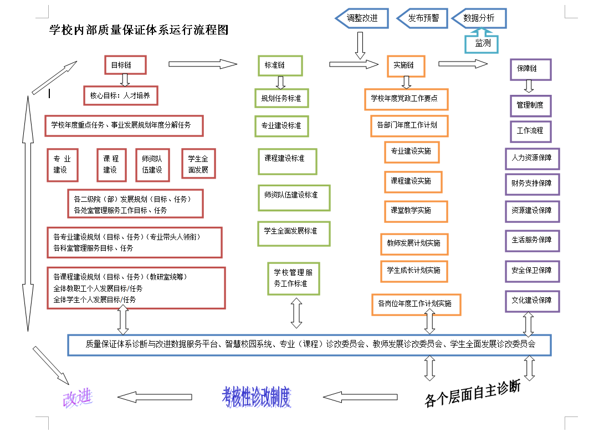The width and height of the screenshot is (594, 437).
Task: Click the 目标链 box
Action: (125, 65)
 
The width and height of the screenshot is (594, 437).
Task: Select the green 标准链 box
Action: (280, 65)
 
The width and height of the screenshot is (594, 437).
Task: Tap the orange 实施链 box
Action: (406, 65)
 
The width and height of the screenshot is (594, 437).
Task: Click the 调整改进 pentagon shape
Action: (362, 18)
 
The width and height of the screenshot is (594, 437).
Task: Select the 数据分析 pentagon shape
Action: (479, 18)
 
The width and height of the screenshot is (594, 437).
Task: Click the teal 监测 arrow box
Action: (482, 43)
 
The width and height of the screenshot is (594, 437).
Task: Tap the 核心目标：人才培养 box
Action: (120, 95)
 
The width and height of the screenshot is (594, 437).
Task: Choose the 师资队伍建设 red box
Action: (152, 165)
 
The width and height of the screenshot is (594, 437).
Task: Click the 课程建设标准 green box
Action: (287, 161)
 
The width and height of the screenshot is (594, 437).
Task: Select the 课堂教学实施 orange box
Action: (416, 211)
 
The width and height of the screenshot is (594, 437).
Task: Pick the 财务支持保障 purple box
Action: (532, 184)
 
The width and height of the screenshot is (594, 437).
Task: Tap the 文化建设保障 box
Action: (532, 301)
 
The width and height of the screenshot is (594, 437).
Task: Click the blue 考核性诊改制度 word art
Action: (257, 397)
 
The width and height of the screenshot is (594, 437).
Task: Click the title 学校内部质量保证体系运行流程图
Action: (139, 30)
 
